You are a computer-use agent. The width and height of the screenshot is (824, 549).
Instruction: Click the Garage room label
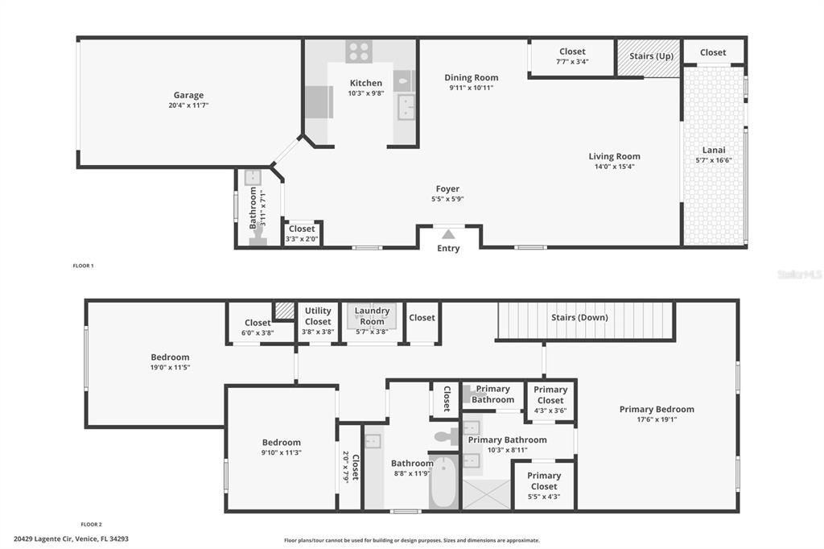pos(188,95)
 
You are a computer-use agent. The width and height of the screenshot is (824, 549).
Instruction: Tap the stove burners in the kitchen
pos(358,52)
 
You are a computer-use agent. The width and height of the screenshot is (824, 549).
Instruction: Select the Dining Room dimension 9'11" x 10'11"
pos(471,88)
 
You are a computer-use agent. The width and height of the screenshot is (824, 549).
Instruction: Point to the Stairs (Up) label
pos(651,56)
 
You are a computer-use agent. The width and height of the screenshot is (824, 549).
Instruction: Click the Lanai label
pos(713,150)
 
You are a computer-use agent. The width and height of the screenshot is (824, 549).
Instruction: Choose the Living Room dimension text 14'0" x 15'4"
pos(614,167)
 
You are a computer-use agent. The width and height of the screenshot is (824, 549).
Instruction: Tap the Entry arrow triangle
pos(448,234)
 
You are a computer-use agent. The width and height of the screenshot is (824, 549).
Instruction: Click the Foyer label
pos(447,189)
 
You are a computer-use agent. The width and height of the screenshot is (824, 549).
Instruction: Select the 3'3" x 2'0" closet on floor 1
pos(302,233)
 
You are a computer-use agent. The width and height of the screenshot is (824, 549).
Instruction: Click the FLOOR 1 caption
pos(83,266)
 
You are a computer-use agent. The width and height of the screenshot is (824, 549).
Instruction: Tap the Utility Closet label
pos(318,316)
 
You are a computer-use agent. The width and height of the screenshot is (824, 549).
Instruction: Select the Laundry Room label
pos(372,316)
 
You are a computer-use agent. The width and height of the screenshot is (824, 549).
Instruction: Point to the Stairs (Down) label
pos(579,317)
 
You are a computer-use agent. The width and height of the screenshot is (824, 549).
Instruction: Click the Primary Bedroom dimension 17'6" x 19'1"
pos(656,419)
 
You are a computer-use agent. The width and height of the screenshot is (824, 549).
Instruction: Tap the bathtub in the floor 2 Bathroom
pos(443,481)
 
